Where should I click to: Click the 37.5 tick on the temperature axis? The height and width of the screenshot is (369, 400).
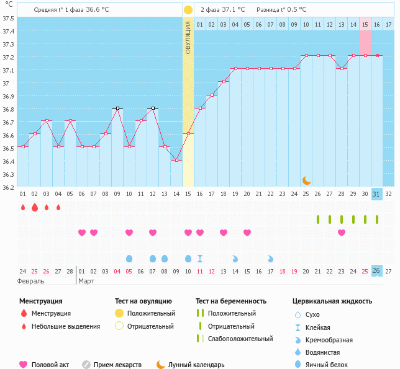click(x=9, y=18)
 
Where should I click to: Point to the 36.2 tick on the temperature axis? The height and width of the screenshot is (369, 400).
click(x=9, y=187)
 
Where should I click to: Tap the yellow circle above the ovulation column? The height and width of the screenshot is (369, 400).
click(x=188, y=10)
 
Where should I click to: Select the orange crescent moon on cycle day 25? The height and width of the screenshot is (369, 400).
click(x=306, y=180)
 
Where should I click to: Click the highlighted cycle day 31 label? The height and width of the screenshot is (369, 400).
click(x=376, y=193)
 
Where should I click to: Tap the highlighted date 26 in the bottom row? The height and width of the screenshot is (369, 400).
click(x=376, y=270)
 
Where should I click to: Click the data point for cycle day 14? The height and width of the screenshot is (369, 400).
click(x=176, y=160)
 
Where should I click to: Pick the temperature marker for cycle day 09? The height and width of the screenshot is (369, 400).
click(x=117, y=108)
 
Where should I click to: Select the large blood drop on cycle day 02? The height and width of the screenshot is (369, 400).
click(x=35, y=207)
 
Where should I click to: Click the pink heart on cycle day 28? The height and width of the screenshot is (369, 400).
click(x=342, y=233)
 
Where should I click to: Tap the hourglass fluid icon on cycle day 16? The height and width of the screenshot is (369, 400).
click(x=200, y=258)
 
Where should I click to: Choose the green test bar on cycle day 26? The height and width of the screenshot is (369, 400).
click(x=318, y=220)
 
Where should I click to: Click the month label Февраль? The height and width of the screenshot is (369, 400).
click(x=30, y=281)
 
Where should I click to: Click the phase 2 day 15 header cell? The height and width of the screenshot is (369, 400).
click(x=365, y=24)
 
